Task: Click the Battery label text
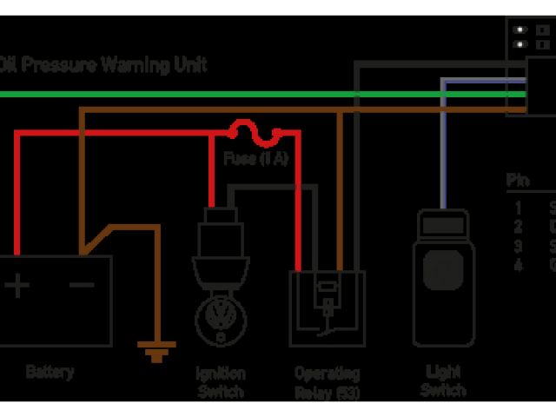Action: point(50,373)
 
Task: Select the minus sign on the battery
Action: point(83,285)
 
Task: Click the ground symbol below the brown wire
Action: point(156,353)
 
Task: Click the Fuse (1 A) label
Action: point(255,159)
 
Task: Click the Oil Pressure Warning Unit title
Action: point(104,64)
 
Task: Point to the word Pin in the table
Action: point(518,182)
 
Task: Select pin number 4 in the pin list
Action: point(518,265)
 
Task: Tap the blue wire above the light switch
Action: point(442,148)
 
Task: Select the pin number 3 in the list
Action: point(518,247)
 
